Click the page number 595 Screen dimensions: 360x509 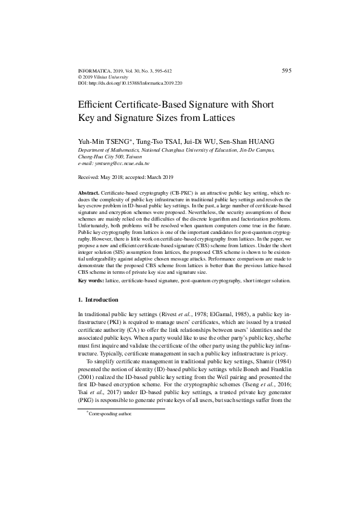287,71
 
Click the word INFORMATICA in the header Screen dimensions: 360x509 96,71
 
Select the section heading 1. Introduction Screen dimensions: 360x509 99,300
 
